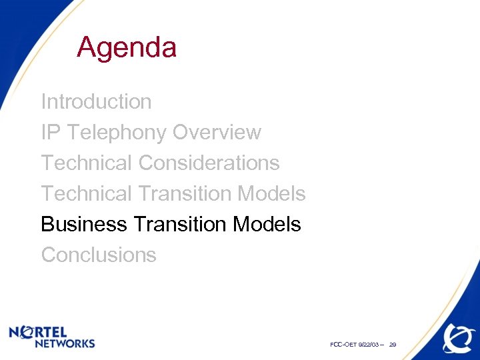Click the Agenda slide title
pos(127,48)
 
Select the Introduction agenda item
pos(96,102)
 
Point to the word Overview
pos(217,133)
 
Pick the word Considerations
pos(209,163)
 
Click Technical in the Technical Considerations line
pos(87,163)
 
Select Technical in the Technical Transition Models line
pos(87,193)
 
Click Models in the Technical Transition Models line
pos(271,193)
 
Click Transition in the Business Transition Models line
pos(180,224)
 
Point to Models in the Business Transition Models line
pos(267,224)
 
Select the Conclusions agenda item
pos(99,255)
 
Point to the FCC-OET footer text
pos(343,345)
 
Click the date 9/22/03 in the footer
pos(368,345)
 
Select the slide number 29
pos(393,345)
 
